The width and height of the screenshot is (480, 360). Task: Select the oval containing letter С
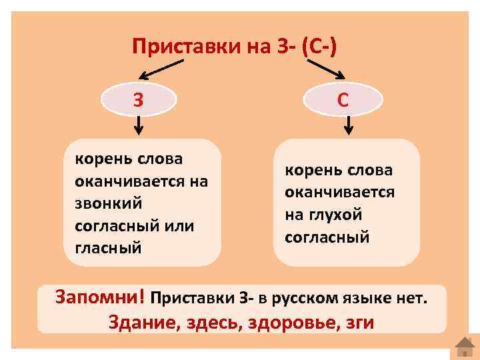(x=342, y=100)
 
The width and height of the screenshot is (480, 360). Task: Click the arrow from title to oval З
(x=160, y=67)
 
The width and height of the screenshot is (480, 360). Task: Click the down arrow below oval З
(x=137, y=125)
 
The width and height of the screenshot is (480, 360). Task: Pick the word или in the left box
(x=177, y=225)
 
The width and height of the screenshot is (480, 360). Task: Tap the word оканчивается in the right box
(x=339, y=192)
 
